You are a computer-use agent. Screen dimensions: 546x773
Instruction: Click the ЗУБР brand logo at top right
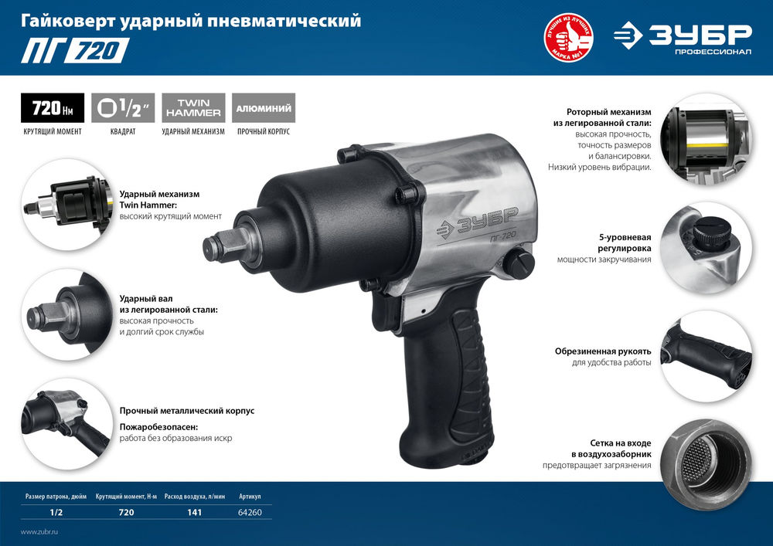pyautogui.click(x=683, y=38)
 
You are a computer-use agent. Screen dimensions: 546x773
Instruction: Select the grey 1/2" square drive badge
pyautogui.click(x=123, y=107)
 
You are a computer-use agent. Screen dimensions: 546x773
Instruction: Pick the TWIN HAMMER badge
pyautogui.click(x=193, y=107)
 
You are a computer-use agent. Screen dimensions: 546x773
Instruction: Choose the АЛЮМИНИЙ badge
pyautogui.click(x=263, y=107)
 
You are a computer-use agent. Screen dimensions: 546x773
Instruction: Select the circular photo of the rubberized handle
pyautogui.click(x=706, y=356)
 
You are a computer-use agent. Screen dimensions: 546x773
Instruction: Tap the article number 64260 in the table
pyautogui.click(x=250, y=513)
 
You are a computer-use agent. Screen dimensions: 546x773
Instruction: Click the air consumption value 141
pyautogui.click(x=194, y=513)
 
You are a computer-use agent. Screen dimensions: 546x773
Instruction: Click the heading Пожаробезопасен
pyautogui.click(x=159, y=426)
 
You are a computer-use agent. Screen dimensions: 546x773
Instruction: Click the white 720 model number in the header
pyautogui.click(x=97, y=51)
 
